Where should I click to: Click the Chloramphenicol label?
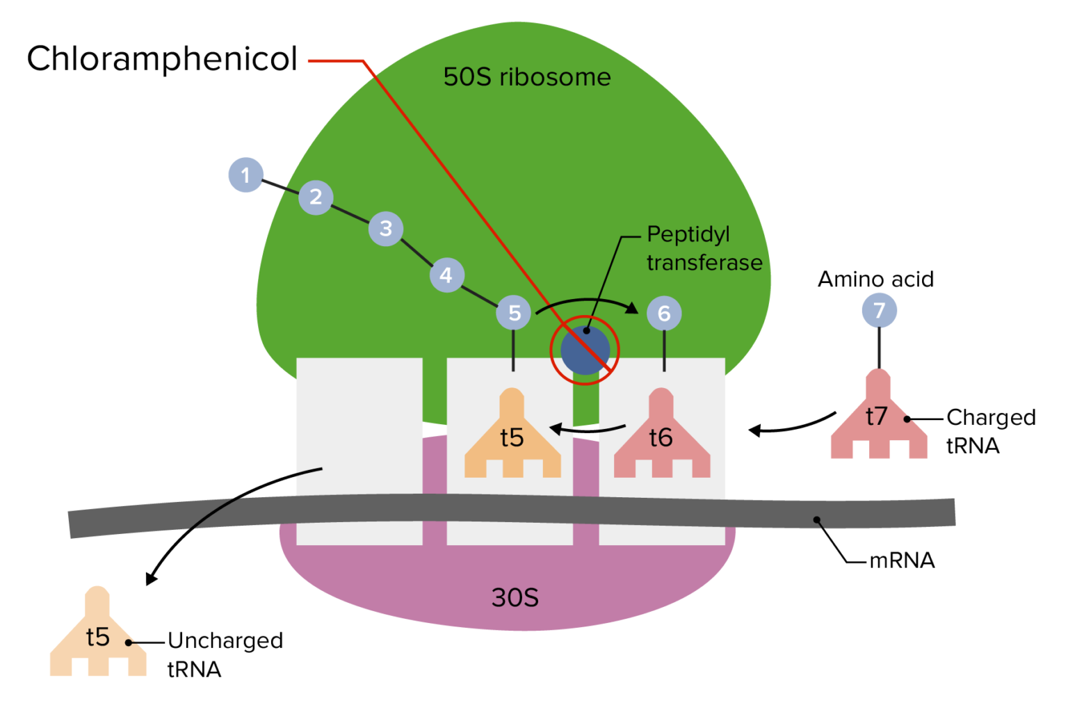[162, 59]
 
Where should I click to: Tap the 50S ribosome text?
[527, 77]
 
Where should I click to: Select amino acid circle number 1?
[245, 175]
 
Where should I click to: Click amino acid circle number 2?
[316, 197]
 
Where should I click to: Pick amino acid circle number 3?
[386, 228]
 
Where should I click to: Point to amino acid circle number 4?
[446, 275]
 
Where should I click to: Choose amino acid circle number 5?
[514, 313]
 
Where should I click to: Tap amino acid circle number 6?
[664, 314]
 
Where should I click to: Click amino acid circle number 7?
[879, 310]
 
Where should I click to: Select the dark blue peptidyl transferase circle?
[585, 351]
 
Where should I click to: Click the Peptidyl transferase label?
[704, 248]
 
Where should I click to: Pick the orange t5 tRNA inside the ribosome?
[512, 438]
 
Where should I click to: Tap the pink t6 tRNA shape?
[661, 438]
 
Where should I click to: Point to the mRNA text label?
[902, 560]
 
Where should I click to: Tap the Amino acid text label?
[875, 280]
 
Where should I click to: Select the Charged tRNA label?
[990, 431]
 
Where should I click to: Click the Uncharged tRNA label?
[225, 654]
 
